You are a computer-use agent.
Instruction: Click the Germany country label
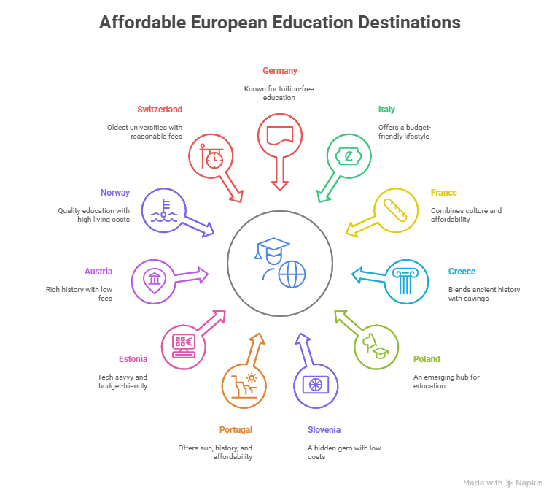(x=280, y=71)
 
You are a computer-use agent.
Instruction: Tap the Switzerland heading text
(x=159, y=110)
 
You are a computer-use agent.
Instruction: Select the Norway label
(x=114, y=193)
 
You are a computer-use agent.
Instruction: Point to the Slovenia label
(x=324, y=430)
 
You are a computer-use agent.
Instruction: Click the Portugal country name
(x=236, y=430)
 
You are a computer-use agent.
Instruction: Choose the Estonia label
(x=133, y=359)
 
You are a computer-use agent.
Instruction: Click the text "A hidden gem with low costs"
(x=344, y=453)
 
